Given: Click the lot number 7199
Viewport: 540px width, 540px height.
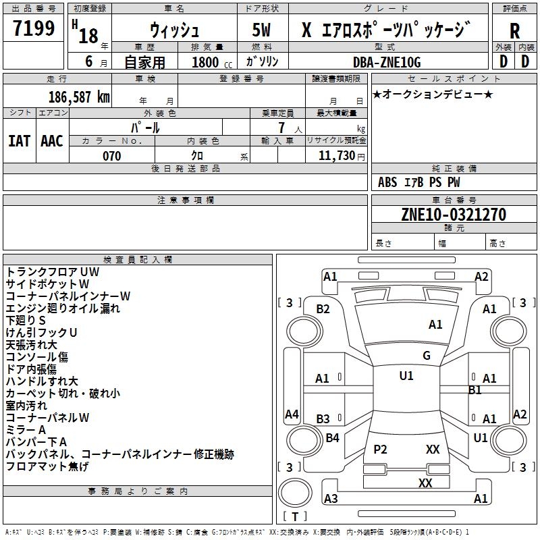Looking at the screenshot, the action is pos(34,29).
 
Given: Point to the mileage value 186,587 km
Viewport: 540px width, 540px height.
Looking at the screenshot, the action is pos(79,97).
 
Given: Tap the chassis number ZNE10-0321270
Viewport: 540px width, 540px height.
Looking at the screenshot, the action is pos(454,215).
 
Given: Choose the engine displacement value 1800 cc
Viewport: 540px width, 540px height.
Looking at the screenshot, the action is pos(209,62).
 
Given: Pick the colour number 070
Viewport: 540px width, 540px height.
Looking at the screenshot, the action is pos(112,156).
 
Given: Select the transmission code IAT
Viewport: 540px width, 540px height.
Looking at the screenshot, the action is pos(19,140).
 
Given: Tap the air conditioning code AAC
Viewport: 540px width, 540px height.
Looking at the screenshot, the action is pos(52,140).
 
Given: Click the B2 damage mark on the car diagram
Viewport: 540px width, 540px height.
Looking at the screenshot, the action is pos(323,309).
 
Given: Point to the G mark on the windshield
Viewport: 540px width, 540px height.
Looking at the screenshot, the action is pos(427,356).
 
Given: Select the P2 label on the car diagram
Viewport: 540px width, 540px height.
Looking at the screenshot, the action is pos(381,450).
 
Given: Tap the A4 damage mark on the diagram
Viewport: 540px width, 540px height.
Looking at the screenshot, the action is pos(292,414).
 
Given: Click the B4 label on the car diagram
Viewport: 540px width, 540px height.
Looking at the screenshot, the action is pos(332,438).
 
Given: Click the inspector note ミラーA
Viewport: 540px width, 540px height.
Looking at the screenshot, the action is pos(26,429).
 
